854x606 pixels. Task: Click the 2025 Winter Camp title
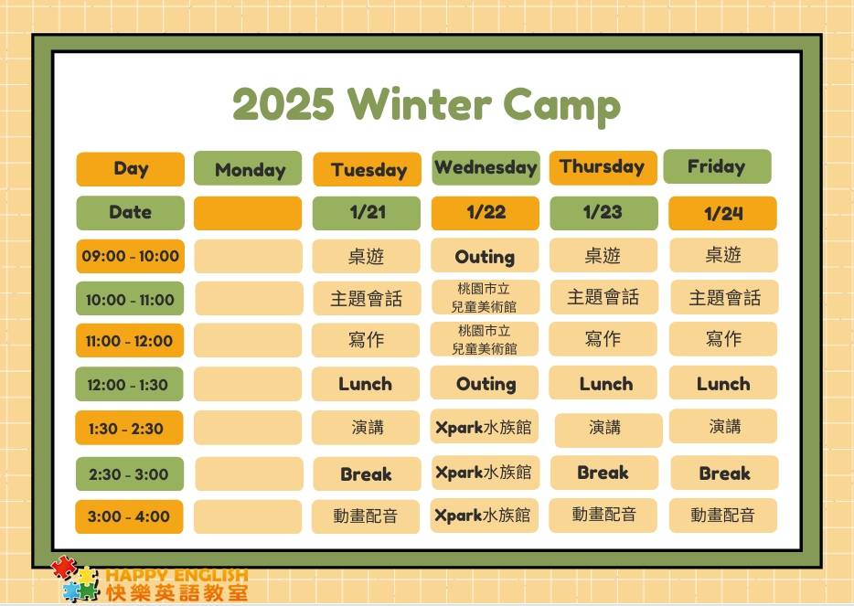(x=426, y=105)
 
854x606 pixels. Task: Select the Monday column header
(x=248, y=168)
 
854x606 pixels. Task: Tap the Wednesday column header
(x=486, y=167)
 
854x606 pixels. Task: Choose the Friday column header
(x=717, y=166)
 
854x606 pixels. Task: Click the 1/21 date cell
(x=367, y=213)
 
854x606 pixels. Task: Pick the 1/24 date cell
(x=722, y=213)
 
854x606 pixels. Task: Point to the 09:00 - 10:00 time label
(x=130, y=256)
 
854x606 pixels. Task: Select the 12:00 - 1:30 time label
(x=129, y=385)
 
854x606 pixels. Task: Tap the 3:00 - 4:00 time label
(x=129, y=516)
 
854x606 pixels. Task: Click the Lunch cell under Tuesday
(x=366, y=384)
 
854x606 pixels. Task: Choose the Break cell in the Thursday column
(x=604, y=473)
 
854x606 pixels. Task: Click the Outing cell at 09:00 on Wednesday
(x=485, y=255)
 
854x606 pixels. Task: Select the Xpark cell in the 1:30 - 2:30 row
(x=485, y=427)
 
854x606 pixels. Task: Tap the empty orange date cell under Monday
(x=248, y=213)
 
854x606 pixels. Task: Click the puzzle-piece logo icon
(x=76, y=579)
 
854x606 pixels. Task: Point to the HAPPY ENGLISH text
(x=176, y=575)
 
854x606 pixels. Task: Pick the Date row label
(x=130, y=213)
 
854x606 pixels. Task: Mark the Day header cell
(x=130, y=169)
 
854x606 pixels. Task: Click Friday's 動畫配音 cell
(x=722, y=516)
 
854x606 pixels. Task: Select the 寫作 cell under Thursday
(x=603, y=339)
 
